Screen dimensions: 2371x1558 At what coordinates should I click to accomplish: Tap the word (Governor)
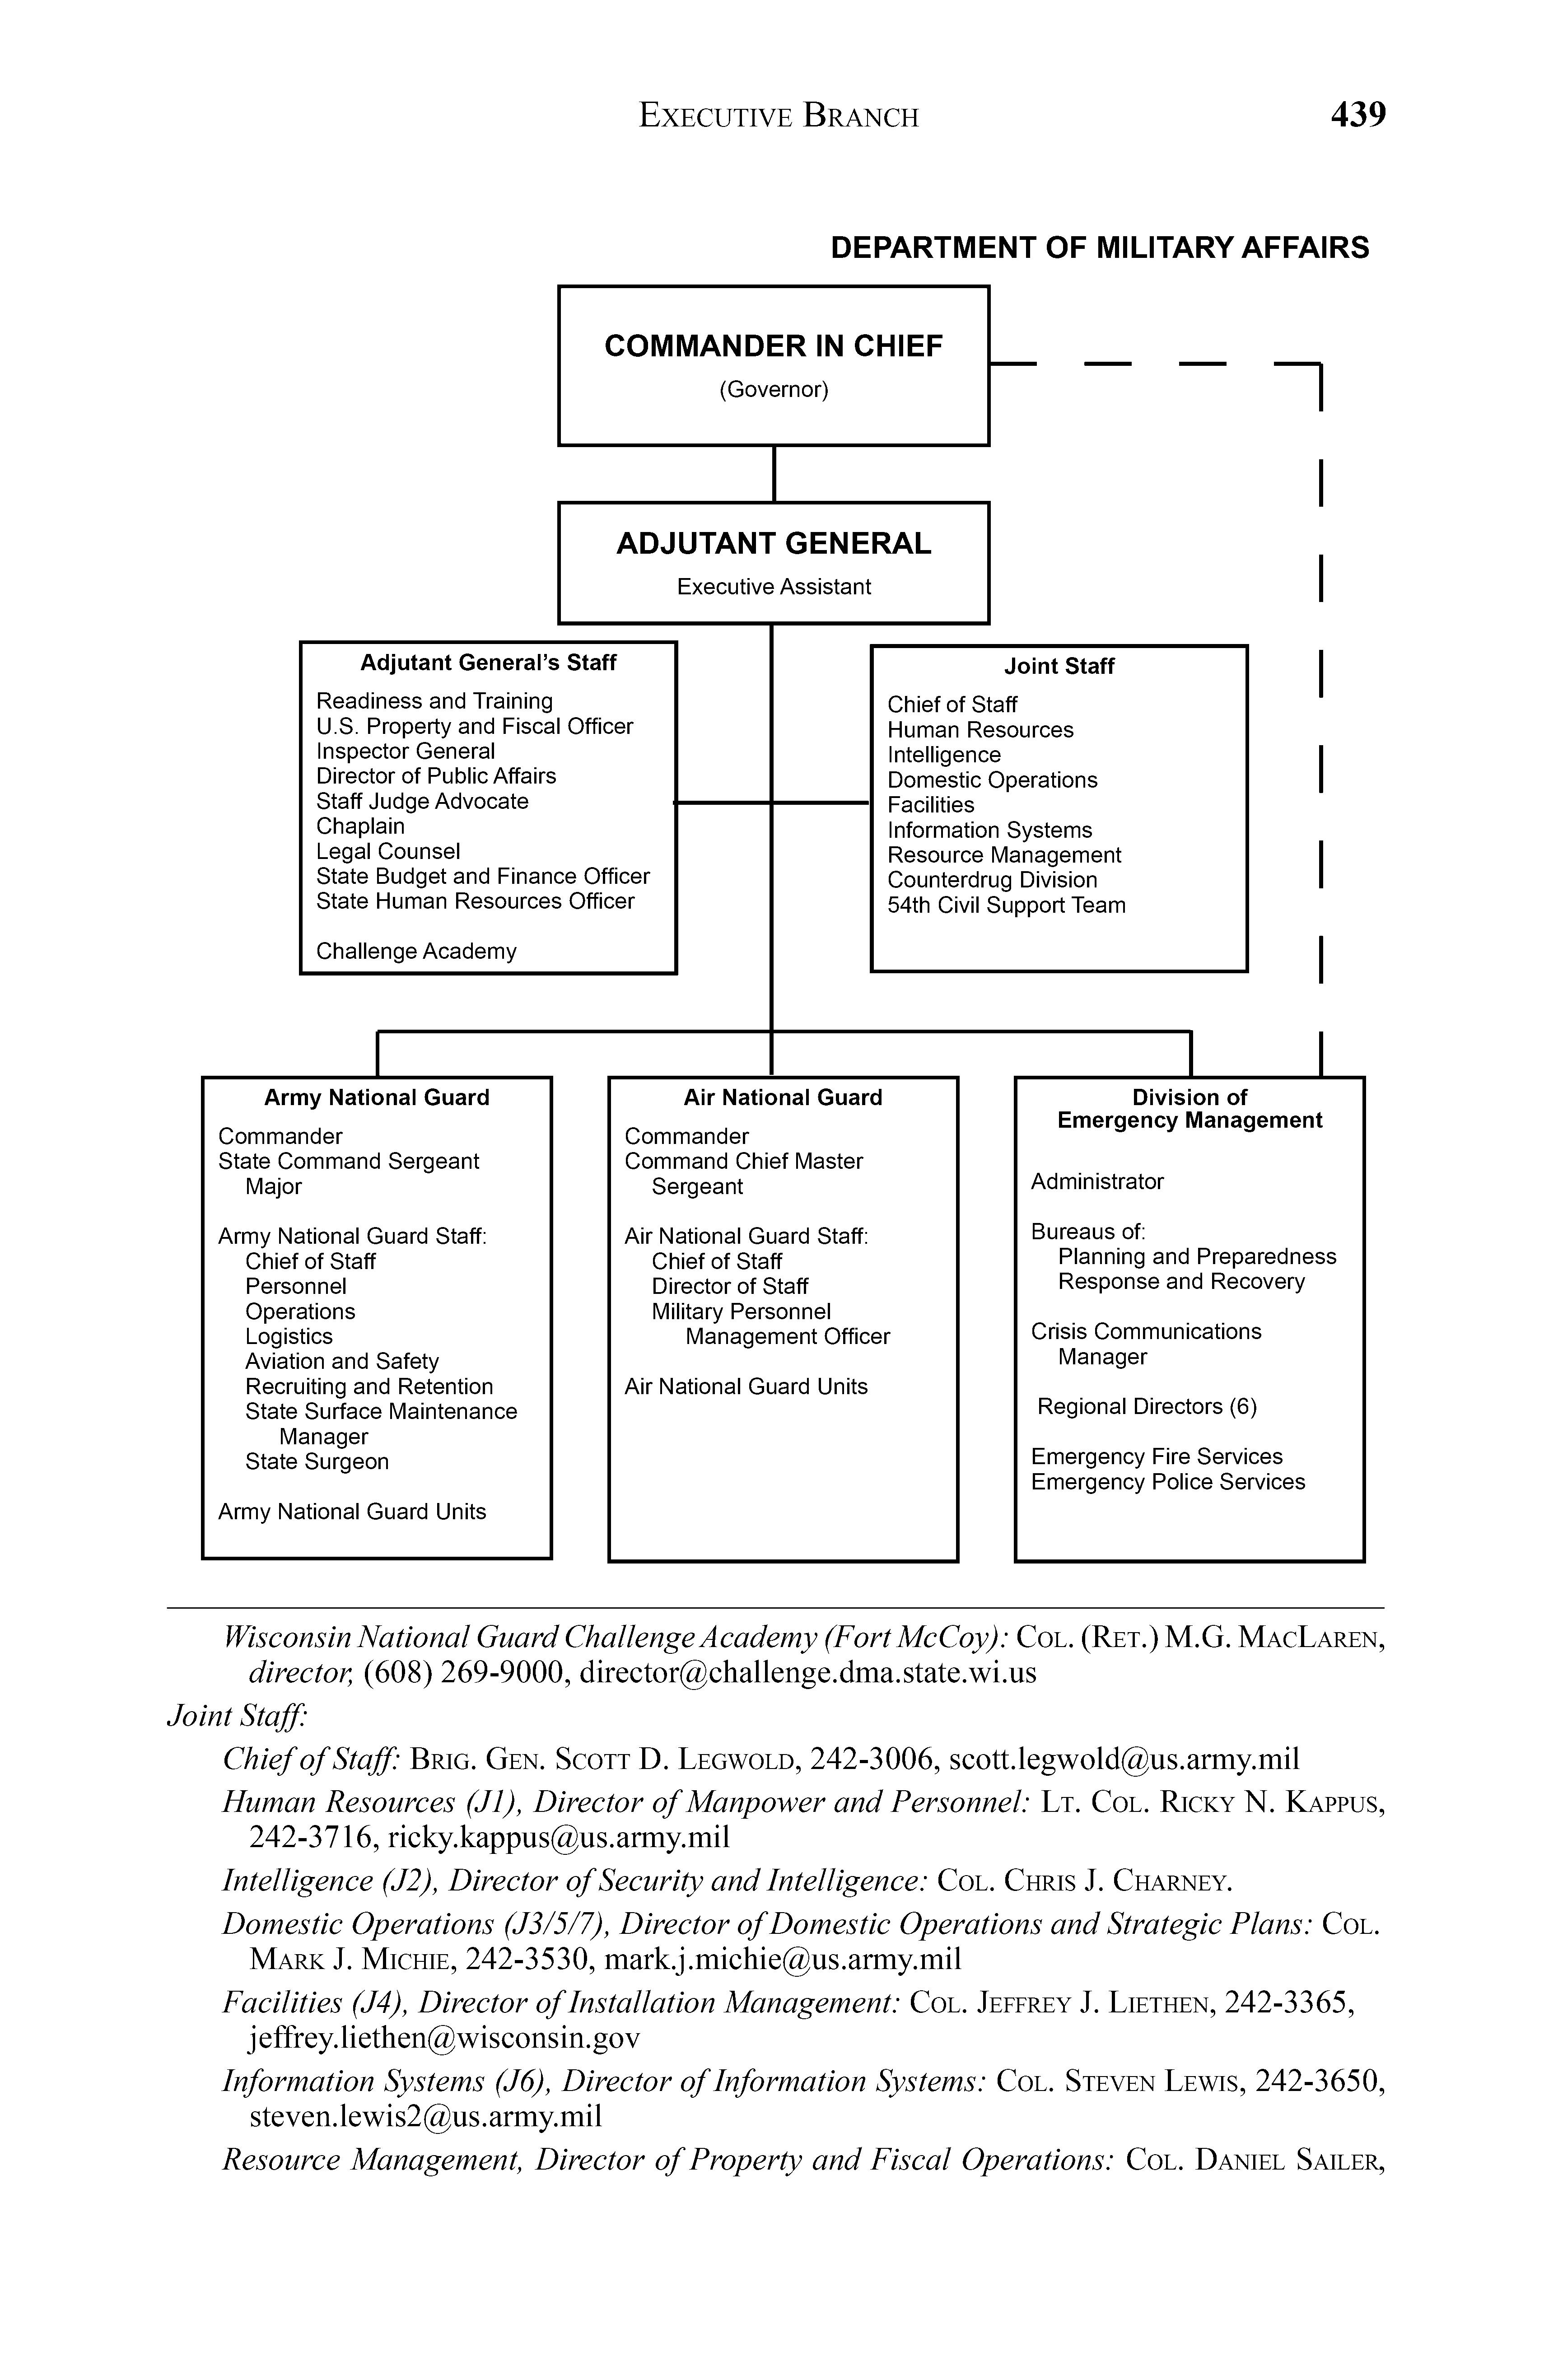coord(773,389)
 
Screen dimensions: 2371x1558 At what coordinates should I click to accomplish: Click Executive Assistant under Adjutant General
coord(773,587)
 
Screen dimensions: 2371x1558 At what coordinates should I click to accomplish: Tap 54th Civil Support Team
coord(1006,905)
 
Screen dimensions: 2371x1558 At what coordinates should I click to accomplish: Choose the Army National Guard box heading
coord(377,1098)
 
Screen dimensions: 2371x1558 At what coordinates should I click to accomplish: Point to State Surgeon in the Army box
coord(317,1461)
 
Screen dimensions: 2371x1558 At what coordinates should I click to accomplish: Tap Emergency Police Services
coord(1167,1482)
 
